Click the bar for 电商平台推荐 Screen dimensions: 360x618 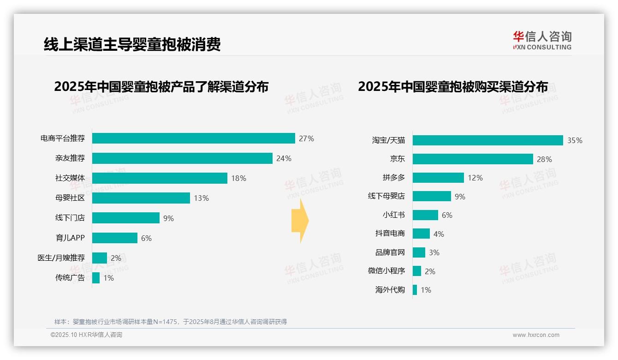click(x=193, y=138)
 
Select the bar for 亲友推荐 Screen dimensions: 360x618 click(x=182, y=158)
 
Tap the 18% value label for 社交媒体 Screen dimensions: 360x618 click(x=238, y=178)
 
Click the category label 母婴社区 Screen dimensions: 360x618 click(x=70, y=198)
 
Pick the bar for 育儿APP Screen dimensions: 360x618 click(x=115, y=238)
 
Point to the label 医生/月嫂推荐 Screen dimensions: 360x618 click(x=61, y=258)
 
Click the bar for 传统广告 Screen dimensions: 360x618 click(x=96, y=278)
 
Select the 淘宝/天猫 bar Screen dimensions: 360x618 click(x=487, y=140)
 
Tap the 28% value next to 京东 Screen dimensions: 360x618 click(x=544, y=159)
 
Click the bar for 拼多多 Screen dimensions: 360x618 click(x=438, y=178)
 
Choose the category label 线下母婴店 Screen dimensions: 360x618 click(x=386, y=196)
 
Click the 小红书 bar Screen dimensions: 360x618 click(x=425, y=215)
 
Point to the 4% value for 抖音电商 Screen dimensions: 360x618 click(x=439, y=234)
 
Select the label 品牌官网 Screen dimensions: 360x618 click(x=390, y=252)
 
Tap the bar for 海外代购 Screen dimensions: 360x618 click(x=415, y=290)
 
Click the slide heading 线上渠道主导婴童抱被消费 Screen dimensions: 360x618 click(x=132, y=44)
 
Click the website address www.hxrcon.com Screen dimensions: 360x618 click(x=536, y=335)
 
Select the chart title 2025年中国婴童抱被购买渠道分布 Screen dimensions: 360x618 click(x=453, y=87)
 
